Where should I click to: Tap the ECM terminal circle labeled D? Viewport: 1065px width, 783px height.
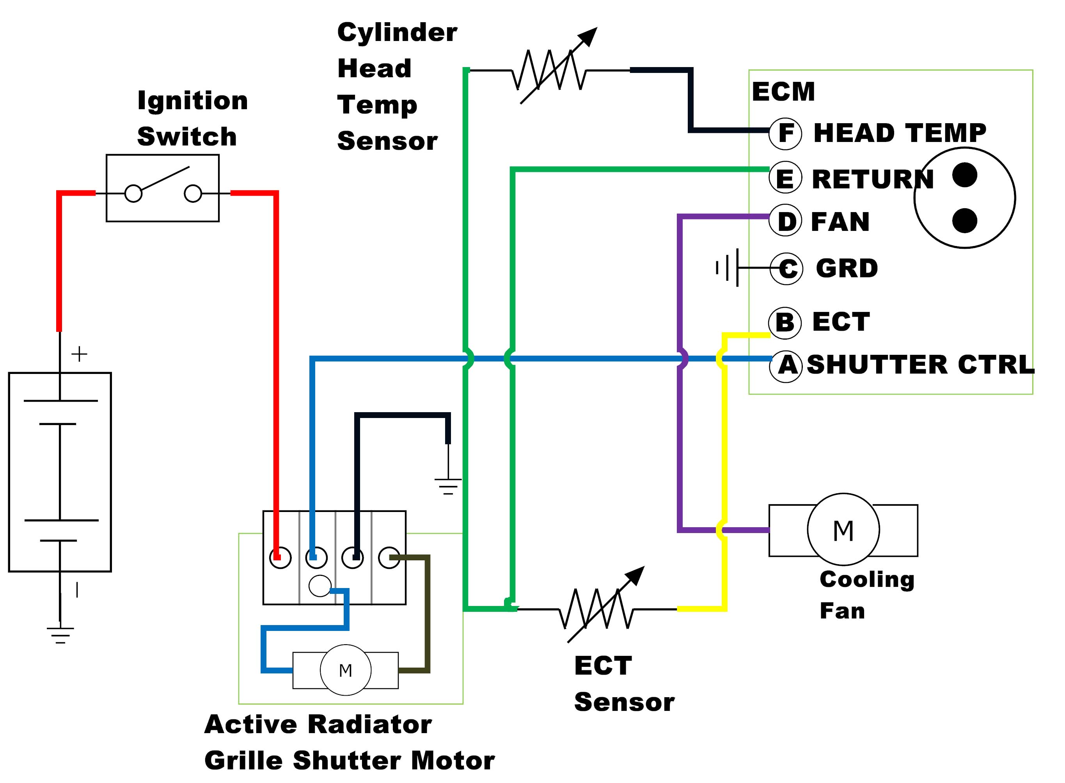click(x=785, y=221)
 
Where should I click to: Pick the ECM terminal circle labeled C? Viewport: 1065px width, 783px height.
click(x=786, y=269)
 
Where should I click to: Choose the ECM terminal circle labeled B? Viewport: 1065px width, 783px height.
click(x=785, y=323)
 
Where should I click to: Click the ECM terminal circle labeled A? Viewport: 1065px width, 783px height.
click(x=786, y=365)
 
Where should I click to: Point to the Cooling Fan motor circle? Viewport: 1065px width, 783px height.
click(x=843, y=530)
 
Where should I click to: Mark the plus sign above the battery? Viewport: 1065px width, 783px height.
click(x=79, y=354)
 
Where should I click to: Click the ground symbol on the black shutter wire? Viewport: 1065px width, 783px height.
click(x=447, y=486)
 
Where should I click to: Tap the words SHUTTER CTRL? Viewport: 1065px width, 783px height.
click(x=920, y=365)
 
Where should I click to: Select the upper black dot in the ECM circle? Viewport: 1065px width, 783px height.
click(x=964, y=175)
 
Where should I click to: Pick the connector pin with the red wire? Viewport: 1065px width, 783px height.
click(x=280, y=558)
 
